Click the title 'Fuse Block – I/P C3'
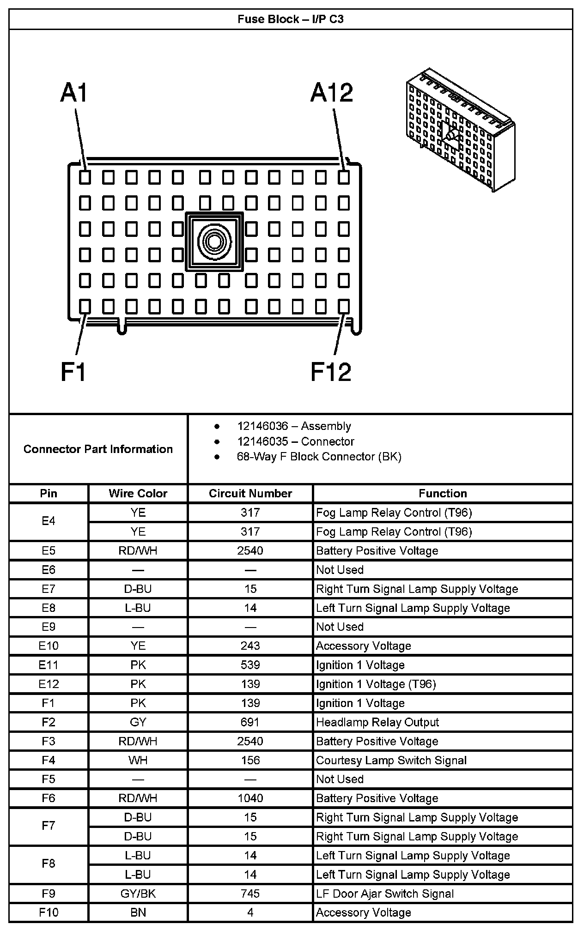(x=291, y=19)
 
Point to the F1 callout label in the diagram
(x=73, y=372)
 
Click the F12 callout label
(x=331, y=372)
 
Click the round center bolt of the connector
(x=214, y=241)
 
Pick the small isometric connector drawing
(x=460, y=130)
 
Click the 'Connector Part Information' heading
(x=98, y=449)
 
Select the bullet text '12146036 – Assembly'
(x=294, y=426)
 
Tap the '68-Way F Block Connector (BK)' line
(x=319, y=457)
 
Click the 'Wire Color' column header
(x=138, y=493)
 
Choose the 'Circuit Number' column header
(x=250, y=493)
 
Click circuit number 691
(x=250, y=722)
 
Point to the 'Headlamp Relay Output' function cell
(x=377, y=722)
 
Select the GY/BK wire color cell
(x=138, y=894)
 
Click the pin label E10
(x=49, y=646)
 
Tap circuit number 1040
(x=250, y=798)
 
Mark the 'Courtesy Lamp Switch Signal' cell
(x=391, y=761)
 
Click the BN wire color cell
(x=138, y=912)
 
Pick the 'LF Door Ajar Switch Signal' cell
(x=385, y=894)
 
